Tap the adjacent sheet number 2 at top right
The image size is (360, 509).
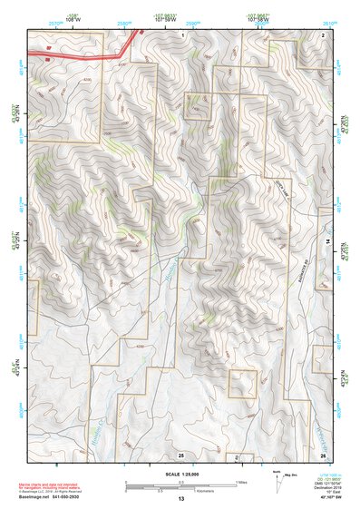tap(323, 34)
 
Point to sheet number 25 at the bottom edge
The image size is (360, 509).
tap(181, 454)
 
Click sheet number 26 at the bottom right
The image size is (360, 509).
tap(323, 454)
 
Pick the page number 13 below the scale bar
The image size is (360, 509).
tap(180, 499)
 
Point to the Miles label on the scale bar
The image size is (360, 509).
tap(240, 481)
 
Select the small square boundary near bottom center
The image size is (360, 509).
tap(241, 384)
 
